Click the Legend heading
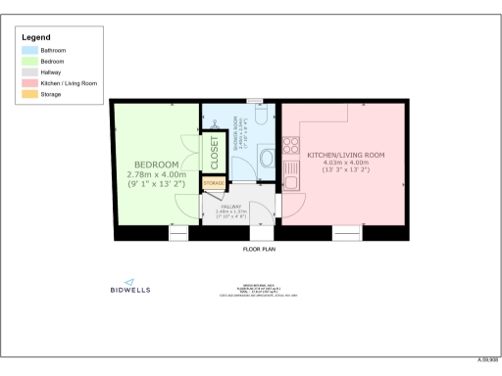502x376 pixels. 36,36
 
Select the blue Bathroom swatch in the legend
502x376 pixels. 29,49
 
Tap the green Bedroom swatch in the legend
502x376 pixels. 29,61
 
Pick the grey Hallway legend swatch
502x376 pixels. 29,72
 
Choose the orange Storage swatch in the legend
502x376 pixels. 29,94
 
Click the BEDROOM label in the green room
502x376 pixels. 156,164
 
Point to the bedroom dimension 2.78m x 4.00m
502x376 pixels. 156,174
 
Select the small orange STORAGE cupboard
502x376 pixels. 214,183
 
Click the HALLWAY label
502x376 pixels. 232,207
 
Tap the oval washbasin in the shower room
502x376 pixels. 266,158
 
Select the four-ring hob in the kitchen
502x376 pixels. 290,148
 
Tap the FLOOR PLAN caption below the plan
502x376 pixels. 260,250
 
